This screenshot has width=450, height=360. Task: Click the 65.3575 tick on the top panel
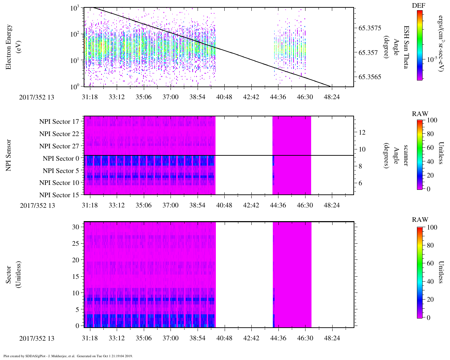tap(370, 28)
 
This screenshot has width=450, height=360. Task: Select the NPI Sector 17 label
tap(59, 122)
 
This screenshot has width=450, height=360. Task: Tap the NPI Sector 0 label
tap(61, 158)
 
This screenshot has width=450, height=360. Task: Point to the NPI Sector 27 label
tap(59, 146)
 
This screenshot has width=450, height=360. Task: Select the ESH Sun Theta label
tap(406, 47)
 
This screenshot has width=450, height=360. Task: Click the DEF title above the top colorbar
tap(419, 6)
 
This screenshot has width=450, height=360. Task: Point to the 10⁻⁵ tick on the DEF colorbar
tap(432, 60)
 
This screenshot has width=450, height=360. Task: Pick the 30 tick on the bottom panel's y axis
tap(76, 227)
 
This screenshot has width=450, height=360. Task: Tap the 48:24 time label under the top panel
tap(332, 97)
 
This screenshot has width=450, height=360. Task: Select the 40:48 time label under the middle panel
tap(224, 205)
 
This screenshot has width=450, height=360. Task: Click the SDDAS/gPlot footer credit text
tap(68, 356)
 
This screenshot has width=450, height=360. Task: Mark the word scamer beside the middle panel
tap(406, 155)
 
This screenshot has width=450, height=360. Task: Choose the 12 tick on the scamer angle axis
tap(362, 133)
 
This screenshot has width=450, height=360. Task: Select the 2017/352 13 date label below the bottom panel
tap(37, 338)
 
